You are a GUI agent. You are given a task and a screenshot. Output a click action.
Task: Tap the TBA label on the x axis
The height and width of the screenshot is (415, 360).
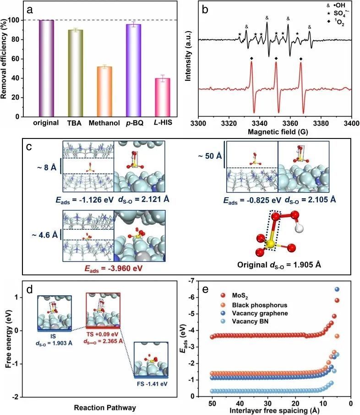pos(76,123)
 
